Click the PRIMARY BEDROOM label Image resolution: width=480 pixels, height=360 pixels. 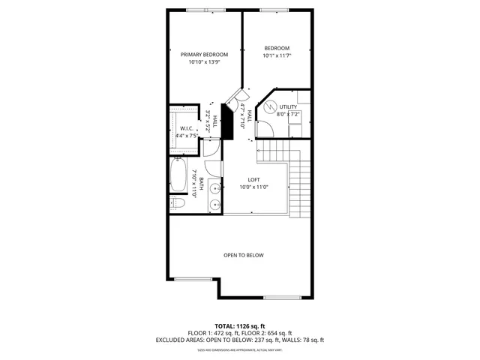tap(204, 54)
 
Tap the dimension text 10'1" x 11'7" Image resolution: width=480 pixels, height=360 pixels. tap(276, 55)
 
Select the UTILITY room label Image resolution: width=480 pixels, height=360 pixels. tap(287, 107)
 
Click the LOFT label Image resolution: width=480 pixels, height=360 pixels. tap(253, 179)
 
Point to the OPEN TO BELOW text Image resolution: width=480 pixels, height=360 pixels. tap(244, 255)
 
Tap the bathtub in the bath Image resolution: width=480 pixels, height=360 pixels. tap(178, 175)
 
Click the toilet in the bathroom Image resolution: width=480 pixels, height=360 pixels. tap(177, 202)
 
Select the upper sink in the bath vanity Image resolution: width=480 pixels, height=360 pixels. tap(214, 189)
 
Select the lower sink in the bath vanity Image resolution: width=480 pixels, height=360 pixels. tap(214, 203)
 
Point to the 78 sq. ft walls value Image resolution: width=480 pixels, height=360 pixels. tap(310, 340)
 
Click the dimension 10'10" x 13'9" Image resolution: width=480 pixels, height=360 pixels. tap(204, 63)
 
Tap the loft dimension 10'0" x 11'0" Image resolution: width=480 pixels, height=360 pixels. tap(253, 187)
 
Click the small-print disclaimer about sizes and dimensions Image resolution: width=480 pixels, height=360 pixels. tap(239, 349)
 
